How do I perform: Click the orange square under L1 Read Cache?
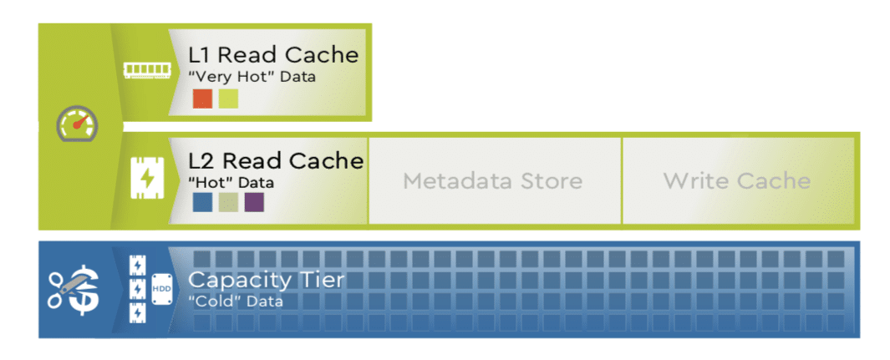[202, 99]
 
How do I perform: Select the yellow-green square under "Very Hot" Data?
[228, 99]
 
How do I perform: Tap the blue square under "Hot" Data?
[202, 202]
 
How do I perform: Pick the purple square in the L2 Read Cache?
[254, 202]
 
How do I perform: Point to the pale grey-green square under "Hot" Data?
[228, 202]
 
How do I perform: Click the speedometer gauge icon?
[77, 125]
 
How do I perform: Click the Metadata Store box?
[493, 181]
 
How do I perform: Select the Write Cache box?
[737, 181]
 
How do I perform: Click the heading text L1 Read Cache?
[273, 56]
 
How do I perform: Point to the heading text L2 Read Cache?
[276, 160]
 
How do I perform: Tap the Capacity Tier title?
[266, 280]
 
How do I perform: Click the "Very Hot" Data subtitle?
[252, 78]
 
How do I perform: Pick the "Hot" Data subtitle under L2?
[231, 182]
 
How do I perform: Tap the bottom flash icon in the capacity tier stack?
[135, 312]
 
